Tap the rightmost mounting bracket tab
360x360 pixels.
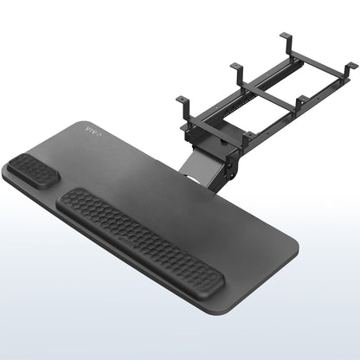348,67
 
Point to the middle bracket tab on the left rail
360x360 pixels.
236,68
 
